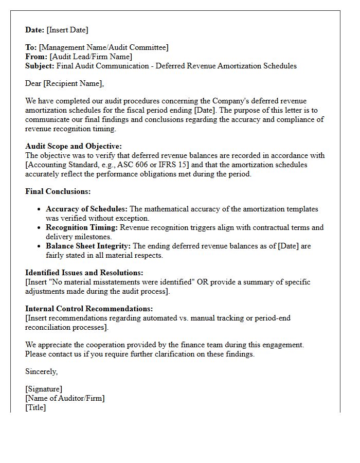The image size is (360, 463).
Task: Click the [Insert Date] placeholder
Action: click(67, 30)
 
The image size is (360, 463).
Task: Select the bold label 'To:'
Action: click(31, 47)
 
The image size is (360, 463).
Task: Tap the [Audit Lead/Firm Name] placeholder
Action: click(91, 57)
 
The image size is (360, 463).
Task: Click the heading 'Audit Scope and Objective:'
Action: click(74, 146)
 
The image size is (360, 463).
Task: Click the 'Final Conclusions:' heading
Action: click(58, 191)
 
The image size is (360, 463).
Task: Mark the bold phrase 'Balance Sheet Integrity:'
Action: click(88, 246)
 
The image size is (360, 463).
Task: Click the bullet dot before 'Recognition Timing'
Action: click(40, 228)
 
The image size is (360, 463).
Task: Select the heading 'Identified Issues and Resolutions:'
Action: click(84, 273)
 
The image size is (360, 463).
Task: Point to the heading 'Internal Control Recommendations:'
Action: click(89, 309)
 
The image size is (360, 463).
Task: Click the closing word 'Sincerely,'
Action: click(42, 371)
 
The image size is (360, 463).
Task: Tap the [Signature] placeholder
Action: click(44, 389)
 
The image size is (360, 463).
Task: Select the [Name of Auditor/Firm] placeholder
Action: click(65, 398)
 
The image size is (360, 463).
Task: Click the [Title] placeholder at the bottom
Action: click(35, 407)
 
